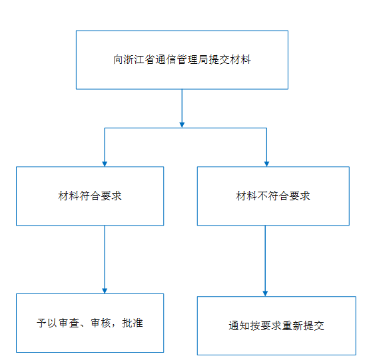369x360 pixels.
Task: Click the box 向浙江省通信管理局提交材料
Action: (182, 60)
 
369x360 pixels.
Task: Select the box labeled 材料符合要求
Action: (90, 196)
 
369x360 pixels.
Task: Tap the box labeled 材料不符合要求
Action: (273, 196)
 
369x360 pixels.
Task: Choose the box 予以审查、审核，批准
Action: (90, 323)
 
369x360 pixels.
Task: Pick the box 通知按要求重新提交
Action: (276, 325)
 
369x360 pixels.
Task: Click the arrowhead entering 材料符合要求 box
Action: (105, 164)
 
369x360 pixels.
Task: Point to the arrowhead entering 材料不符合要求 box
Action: (266, 164)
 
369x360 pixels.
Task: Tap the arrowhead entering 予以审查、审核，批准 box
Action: (105, 291)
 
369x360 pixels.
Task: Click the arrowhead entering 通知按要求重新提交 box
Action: (265, 293)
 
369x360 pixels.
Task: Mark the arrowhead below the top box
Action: (182, 125)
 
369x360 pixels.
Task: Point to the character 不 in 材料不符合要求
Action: (262, 196)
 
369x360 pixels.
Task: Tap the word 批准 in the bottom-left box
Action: (133, 323)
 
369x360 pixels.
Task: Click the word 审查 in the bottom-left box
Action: (69, 323)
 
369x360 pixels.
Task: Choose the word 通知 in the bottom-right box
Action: (239, 325)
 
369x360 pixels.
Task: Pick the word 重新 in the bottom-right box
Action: (292, 325)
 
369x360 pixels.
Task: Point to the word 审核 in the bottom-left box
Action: (101, 323)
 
